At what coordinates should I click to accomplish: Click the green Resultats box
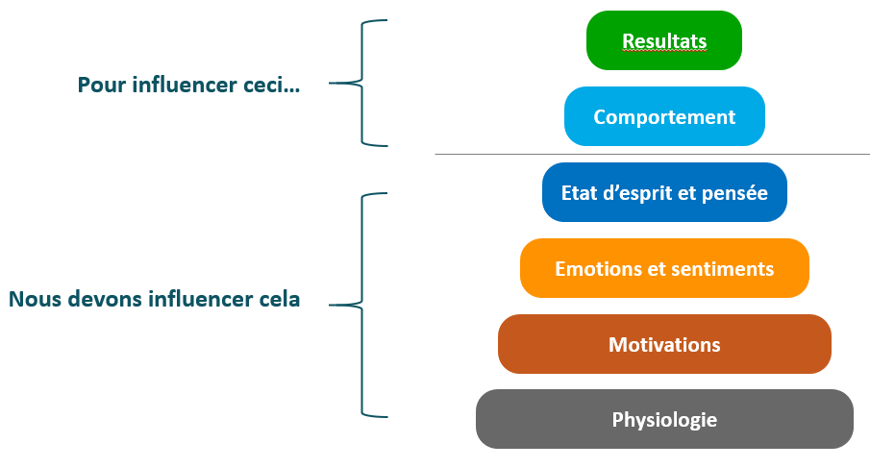tap(664, 40)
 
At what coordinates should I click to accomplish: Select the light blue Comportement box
tap(664, 116)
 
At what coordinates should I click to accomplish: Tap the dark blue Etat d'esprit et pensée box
tap(664, 192)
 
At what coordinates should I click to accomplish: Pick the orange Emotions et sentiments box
tap(664, 268)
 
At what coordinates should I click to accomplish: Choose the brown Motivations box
tap(664, 344)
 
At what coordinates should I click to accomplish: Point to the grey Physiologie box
tap(664, 419)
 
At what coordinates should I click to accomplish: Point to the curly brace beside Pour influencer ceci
tap(362, 84)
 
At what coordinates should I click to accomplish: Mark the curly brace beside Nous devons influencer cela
tap(362, 305)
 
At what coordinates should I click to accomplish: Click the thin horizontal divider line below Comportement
tap(653, 154)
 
